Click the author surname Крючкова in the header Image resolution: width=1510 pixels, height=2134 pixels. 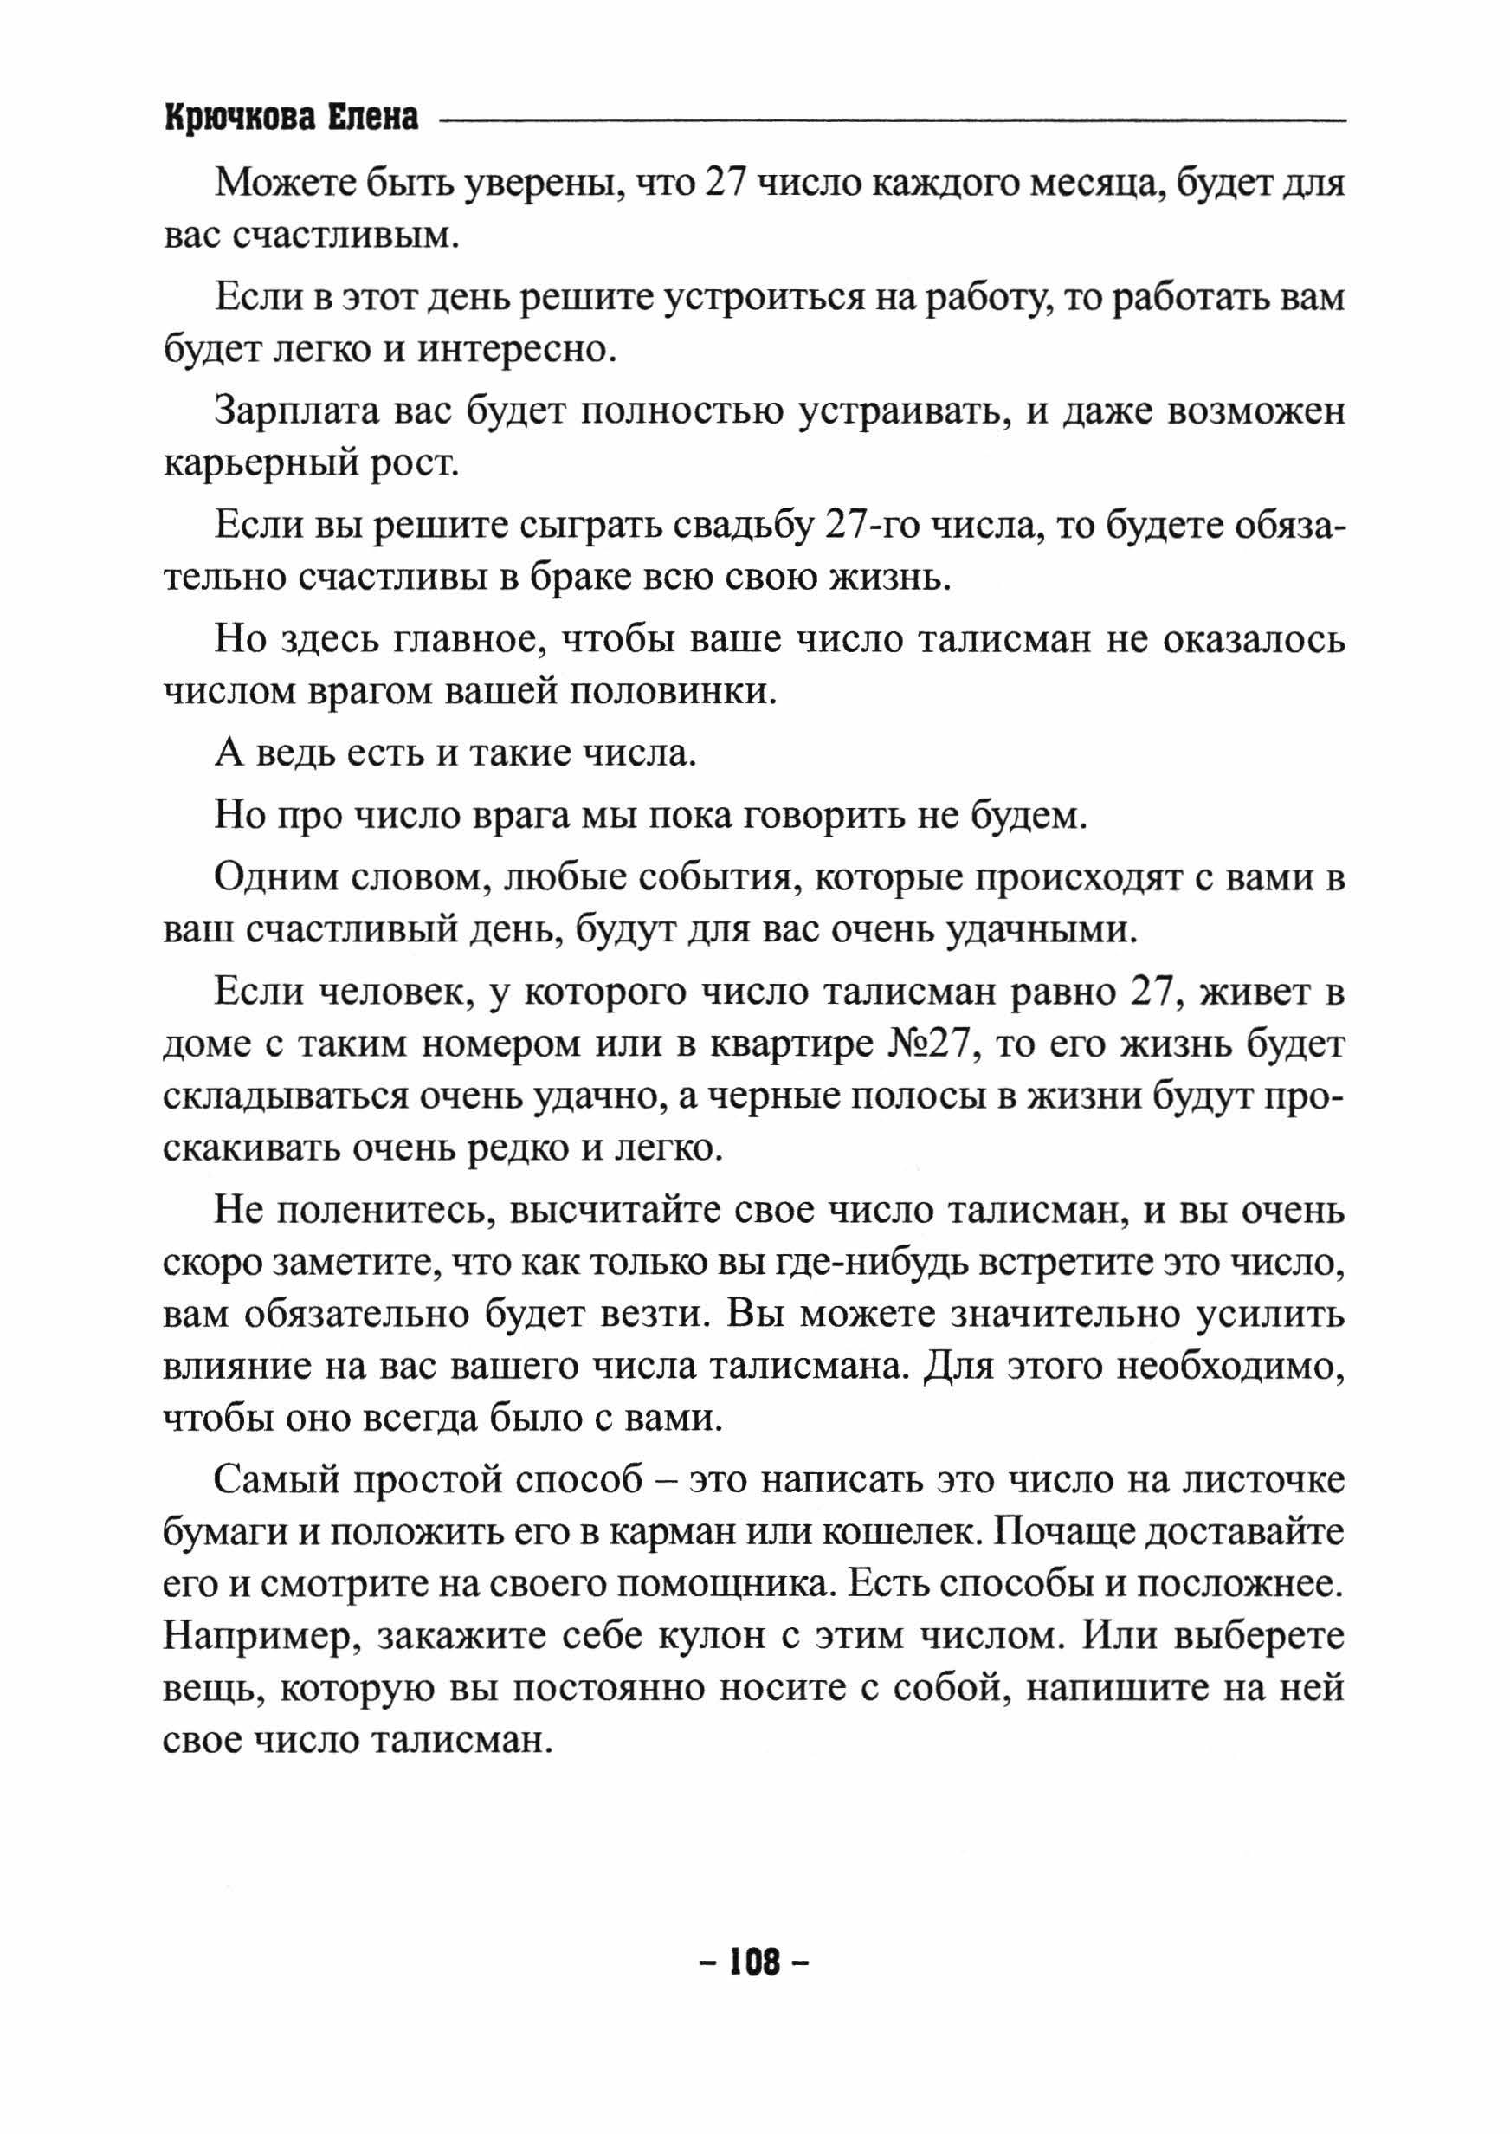point(238,119)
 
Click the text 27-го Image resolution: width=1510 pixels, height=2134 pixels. point(870,527)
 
